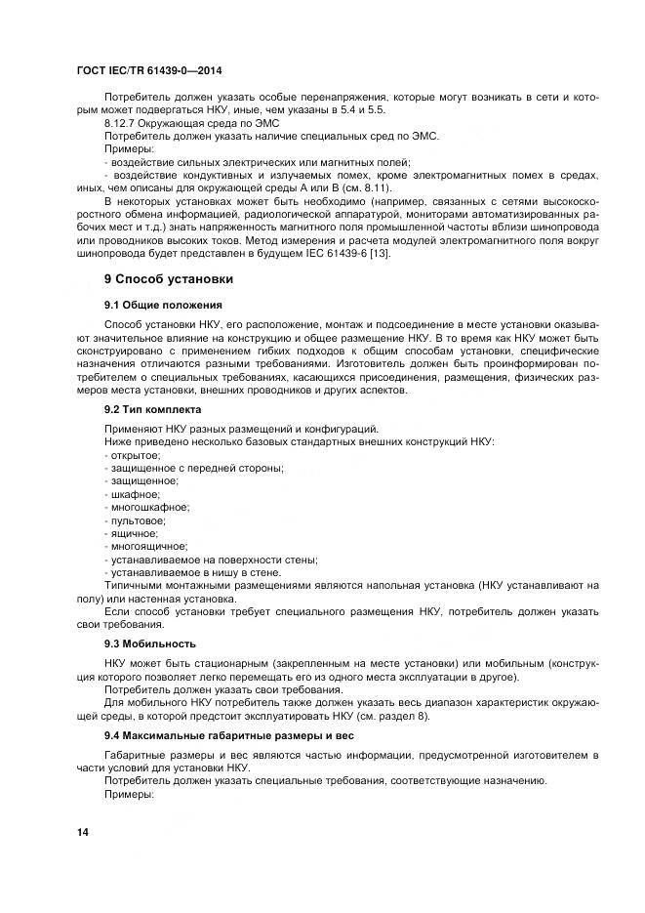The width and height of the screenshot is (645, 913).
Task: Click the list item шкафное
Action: point(133,494)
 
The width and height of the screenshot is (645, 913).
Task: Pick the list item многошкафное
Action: point(147,507)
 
